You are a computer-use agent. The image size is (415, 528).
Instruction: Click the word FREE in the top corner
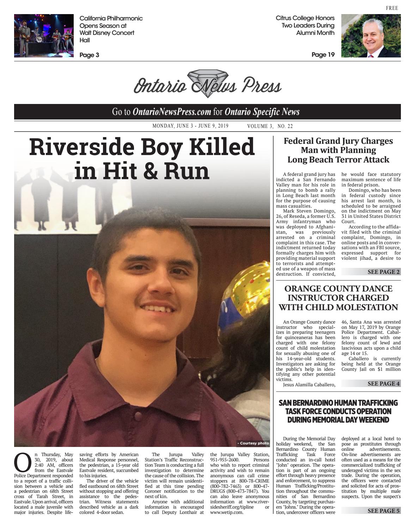pos(392,8)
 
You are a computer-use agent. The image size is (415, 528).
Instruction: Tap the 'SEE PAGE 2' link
pos(383,272)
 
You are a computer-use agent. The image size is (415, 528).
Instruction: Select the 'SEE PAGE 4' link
pos(383,383)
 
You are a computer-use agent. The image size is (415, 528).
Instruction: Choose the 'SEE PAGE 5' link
pos(383,511)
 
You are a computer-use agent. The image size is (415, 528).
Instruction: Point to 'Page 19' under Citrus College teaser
pos(323,55)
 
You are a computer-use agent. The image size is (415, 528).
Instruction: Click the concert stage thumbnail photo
pos(44,36)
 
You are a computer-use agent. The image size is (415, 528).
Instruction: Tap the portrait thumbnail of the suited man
pos(371,36)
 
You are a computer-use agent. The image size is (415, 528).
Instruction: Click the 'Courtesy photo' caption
pos(253,443)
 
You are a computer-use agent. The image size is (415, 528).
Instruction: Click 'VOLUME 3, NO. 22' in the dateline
pos(270,126)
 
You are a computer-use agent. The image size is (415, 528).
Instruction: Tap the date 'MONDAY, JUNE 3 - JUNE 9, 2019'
pos(190,126)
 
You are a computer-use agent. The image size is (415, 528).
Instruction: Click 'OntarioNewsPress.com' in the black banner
pos(172,112)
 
